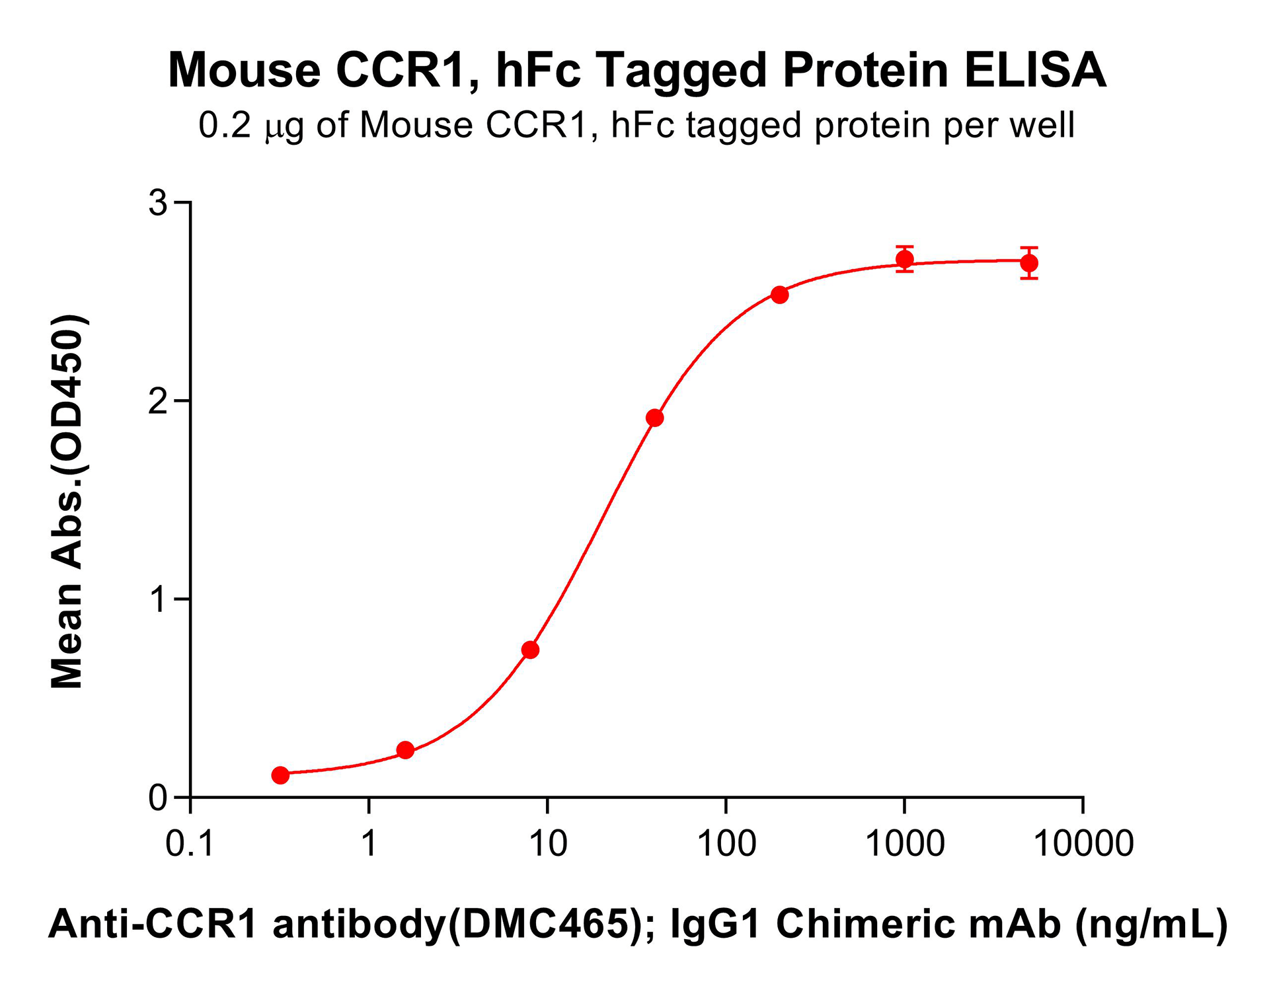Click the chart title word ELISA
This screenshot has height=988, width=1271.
point(1035,70)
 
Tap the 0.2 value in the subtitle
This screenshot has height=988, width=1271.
point(225,125)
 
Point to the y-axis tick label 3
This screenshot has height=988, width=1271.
point(158,202)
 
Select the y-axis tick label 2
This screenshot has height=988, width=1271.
point(158,401)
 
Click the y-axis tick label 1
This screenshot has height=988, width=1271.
point(158,599)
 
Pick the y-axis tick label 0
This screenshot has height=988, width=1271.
point(158,798)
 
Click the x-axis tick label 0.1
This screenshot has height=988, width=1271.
point(190,844)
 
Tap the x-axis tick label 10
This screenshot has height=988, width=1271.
point(548,844)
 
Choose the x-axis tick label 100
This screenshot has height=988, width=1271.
point(726,844)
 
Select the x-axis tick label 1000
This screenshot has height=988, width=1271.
point(905,844)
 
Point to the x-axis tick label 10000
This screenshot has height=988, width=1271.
point(1083,844)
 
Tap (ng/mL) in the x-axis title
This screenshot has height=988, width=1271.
point(1151,923)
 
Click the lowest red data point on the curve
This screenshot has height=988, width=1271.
point(280,775)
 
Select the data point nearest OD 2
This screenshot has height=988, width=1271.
point(654,418)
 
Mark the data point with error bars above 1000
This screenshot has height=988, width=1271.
point(905,259)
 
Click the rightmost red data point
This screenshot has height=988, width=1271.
point(1029,263)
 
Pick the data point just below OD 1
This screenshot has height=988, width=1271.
point(530,650)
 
